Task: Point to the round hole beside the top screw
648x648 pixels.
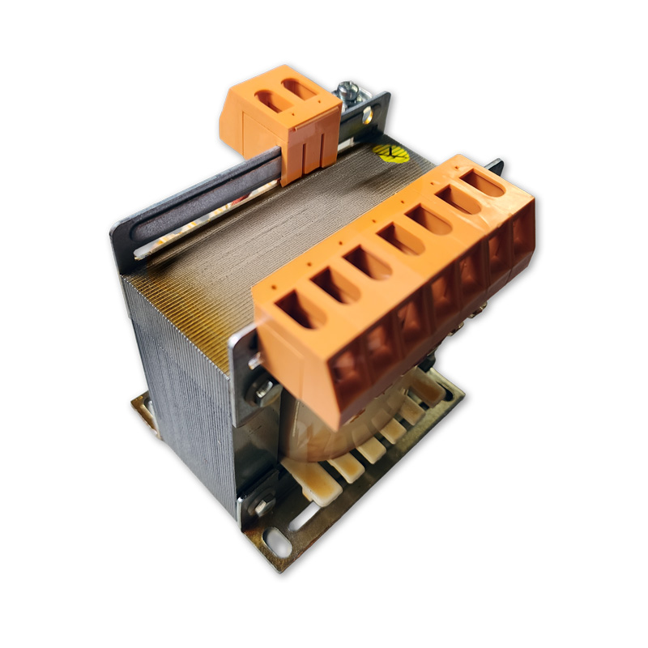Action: pos(368,116)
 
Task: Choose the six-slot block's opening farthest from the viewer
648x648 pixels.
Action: pos(483,182)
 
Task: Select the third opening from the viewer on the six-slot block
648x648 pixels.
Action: pos(369,262)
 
